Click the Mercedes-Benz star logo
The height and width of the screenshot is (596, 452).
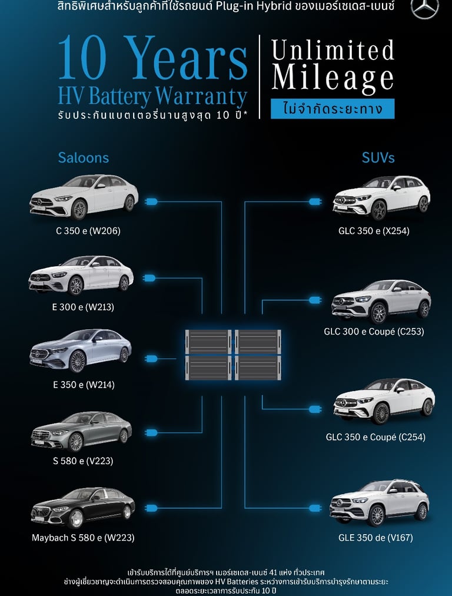click(425, 10)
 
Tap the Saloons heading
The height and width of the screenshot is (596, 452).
click(83, 158)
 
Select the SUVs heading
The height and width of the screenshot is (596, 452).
click(378, 158)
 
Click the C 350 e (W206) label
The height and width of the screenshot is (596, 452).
click(88, 231)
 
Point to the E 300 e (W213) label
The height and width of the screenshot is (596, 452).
click(83, 307)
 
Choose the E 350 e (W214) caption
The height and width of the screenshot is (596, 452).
click(84, 385)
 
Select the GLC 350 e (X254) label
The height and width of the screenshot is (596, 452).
click(374, 231)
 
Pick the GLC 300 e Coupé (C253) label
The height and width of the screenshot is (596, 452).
click(374, 332)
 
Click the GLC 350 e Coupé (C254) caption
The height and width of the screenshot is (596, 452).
click(375, 437)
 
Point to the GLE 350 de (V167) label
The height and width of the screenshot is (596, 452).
click(375, 537)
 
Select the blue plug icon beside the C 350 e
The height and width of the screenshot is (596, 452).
click(151, 202)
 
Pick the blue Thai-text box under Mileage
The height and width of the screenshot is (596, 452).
click(333, 109)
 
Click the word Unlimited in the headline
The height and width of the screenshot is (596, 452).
click(333, 51)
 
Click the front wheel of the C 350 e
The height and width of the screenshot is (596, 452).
click(79, 209)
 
